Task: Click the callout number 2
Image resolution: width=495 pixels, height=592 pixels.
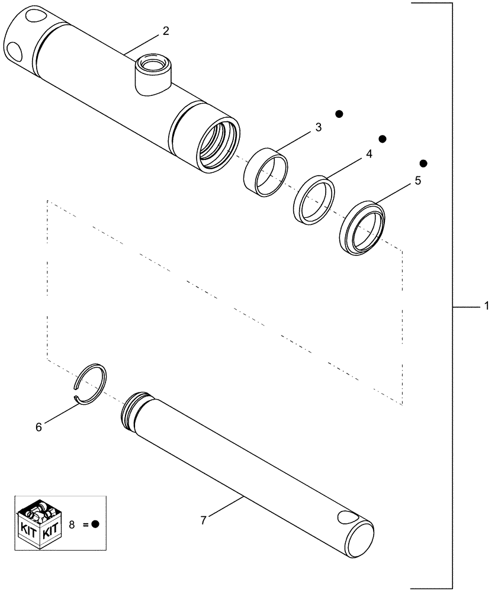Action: [x=166, y=31]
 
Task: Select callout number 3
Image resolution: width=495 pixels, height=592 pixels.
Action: [x=318, y=127]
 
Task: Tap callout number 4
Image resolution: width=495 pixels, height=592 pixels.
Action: [x=369, y=154]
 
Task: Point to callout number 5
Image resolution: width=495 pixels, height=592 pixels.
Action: [x=417, y=181]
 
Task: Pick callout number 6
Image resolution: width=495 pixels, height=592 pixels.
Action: [x=38, y=426]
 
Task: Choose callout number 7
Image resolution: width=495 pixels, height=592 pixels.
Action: [x=203, y=520]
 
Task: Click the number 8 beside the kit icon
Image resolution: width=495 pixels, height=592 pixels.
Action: [x=73, y=523]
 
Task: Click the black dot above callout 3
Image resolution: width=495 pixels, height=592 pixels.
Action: [x=339, y=113]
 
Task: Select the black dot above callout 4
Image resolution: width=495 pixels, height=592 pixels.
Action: [x=382, y=139]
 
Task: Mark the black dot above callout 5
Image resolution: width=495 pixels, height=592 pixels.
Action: [x=423, y=163]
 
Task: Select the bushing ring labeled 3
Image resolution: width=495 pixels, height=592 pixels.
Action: [x=265, y=171]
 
